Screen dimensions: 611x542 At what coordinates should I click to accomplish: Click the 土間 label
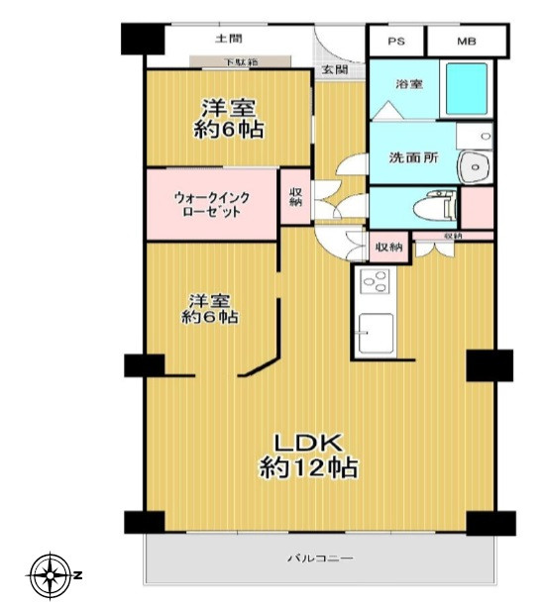click(228, 40)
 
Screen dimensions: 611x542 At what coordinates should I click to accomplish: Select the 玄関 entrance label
click(334, 69)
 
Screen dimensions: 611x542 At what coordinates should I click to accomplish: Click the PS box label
click(396, 42)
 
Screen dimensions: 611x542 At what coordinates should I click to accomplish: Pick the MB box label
click(466, 42)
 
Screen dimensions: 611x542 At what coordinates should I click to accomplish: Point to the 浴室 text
click(409, 85)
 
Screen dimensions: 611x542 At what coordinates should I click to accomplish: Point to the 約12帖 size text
click(308, 467)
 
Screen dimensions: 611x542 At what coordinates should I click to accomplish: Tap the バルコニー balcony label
click(321, 559)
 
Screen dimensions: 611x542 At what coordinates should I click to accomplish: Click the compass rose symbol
click(50, 575)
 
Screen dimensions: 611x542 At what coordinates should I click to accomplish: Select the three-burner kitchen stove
click(375, 283)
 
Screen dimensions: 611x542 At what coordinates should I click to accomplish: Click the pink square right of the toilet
click(478, 208)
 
